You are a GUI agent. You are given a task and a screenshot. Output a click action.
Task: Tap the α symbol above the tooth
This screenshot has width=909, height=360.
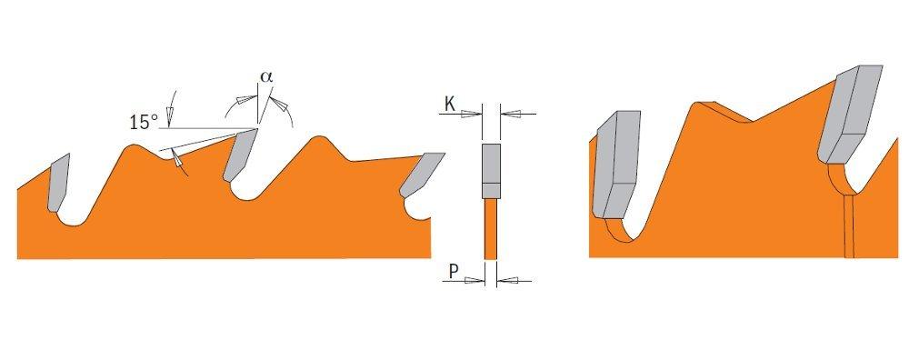[265, 78]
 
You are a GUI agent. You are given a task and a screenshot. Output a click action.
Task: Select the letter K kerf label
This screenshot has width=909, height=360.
[449, 105]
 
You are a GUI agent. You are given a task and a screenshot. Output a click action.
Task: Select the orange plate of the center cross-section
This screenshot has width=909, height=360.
[491, 227]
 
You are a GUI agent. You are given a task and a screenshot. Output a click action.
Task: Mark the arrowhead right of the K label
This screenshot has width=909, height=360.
[471, 114]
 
